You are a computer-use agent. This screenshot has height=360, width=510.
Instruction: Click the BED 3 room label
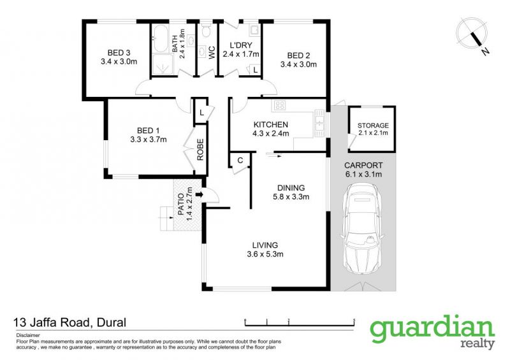click(x=119, y=53)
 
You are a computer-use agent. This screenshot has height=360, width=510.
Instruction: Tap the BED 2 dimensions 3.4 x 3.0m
click(x=298, y=64)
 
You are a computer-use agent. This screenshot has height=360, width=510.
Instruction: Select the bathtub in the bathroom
click(x=160, y=38)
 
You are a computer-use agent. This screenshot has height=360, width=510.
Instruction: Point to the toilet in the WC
click(x=205, y=31)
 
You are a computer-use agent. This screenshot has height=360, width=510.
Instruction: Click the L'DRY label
click(x=240, y=45)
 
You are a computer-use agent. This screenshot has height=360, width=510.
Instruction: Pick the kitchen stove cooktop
click(x=280, y=104)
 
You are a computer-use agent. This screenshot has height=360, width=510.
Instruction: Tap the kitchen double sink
click(x=319, y=123)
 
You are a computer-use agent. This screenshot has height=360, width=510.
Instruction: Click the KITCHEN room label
click(x=270, y=124)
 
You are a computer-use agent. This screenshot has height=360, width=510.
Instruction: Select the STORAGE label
click(x=373, y=126)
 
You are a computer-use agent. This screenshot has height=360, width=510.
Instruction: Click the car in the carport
click(x=361, y=229)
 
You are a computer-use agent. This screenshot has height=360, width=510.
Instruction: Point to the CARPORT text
click(x=363, y=166)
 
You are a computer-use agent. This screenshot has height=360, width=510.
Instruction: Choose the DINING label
click(x=291, y=188)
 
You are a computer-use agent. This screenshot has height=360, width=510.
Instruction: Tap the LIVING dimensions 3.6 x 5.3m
click(x=265, y=254)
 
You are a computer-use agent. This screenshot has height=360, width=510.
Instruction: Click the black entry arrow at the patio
click(x=200, y=195)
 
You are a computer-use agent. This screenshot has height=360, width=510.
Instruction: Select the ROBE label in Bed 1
click(x=200, y=149)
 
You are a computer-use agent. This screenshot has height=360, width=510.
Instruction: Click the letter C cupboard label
click(x=240, y=161)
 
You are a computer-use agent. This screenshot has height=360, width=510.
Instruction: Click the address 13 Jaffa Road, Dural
click(x=69, y=322)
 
